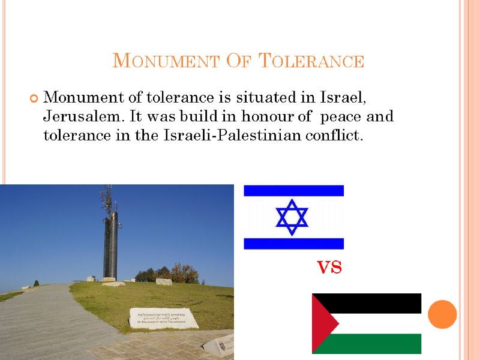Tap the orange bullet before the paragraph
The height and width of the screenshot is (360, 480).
[34, 98]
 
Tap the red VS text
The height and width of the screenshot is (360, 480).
[329, 268]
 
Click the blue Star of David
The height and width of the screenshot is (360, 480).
[292, 217]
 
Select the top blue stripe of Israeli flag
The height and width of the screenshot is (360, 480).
[293, 191]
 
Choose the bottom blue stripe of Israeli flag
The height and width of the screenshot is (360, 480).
[293, 243]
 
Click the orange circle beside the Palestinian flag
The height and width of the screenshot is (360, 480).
[443, 313]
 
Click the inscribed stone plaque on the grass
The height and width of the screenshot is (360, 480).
[163, 318]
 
